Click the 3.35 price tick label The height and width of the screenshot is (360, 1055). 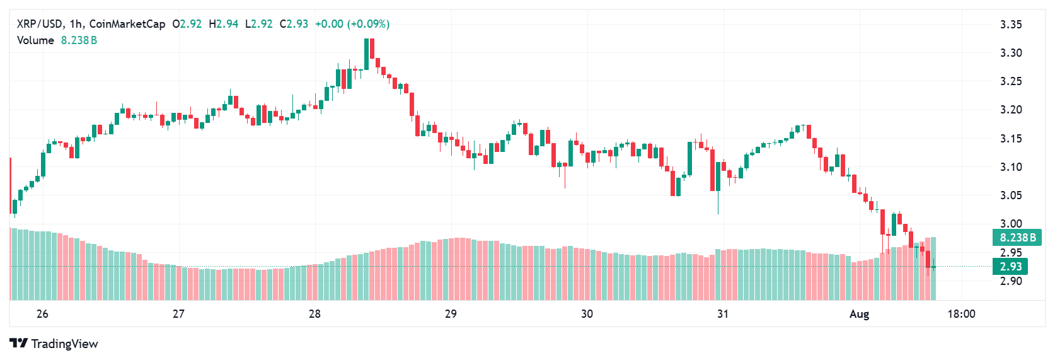coord(1011,25)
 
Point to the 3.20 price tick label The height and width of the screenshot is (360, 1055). coord(1011,110)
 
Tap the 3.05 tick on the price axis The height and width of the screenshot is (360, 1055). coord(1011,195)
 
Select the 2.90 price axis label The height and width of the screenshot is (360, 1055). coord(1011,281)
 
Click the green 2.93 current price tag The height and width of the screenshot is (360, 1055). coord(1010,267)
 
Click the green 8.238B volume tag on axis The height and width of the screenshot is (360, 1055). coord(1017,238)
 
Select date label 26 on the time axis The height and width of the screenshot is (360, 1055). coord(42,314)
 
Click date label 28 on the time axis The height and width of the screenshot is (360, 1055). coord(314,314)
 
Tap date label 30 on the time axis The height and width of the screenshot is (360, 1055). coord(587,314)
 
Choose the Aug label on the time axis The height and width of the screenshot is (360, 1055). coord(859,314)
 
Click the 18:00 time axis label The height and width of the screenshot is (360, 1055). coord(961,314)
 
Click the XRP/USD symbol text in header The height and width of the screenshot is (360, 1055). coord(40,24)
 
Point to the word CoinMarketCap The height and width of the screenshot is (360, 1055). coord(127,24)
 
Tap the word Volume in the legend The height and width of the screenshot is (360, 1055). coord(35,40)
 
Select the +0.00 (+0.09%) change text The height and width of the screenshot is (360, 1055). coord(352,24)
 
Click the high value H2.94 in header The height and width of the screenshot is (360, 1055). coord(224,24)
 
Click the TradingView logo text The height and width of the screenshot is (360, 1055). coord(55,344)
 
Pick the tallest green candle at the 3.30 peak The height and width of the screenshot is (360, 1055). coord(367,54)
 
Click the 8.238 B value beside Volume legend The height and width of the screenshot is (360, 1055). coord(79,40)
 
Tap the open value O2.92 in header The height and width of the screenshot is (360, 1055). coord(187,24)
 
